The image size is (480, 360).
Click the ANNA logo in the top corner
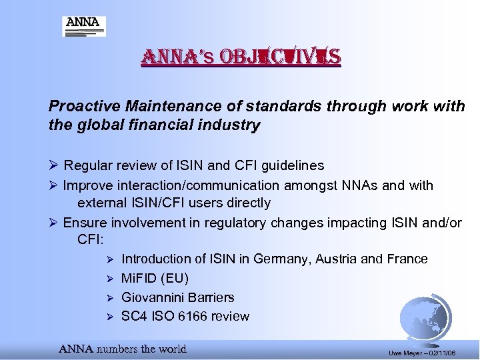(x=83, y=25)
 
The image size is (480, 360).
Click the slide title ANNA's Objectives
(x=240, y=58)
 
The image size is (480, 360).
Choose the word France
(x=407, y=259)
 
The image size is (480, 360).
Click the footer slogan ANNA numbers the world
(x=123, y=349)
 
